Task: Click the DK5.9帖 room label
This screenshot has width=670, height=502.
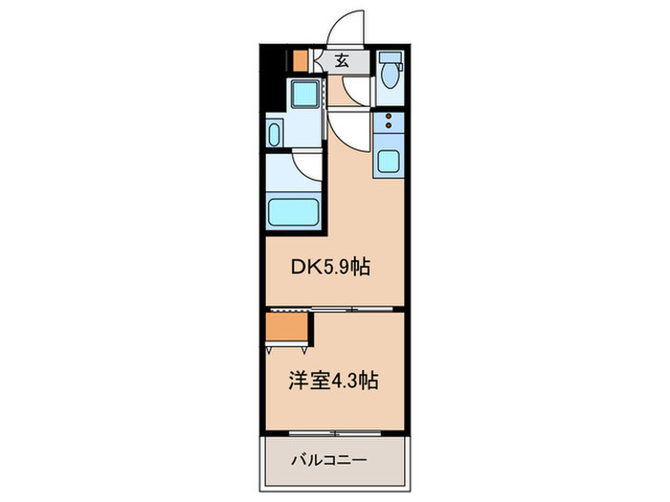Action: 330,269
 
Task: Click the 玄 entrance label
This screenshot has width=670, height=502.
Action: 341,60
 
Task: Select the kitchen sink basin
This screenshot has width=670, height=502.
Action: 389,161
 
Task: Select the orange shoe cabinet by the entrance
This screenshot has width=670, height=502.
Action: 301,59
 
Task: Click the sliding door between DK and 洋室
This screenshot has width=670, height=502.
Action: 353,309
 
